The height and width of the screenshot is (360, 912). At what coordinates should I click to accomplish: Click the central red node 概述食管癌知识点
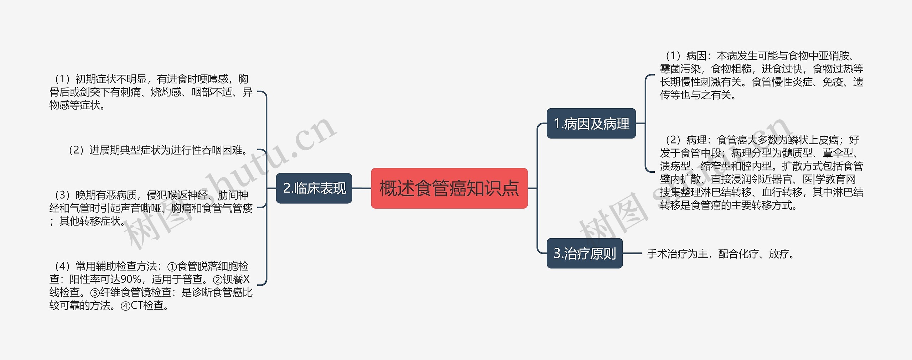tap(449, 188)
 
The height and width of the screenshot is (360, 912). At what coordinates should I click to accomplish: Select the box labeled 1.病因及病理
tap(591, 124)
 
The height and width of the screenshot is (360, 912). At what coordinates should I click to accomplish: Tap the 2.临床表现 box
tap(314, 188)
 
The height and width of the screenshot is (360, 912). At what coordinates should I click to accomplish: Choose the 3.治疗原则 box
tap(585, 254)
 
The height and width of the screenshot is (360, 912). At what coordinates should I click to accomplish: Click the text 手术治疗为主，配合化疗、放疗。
tap(721, 254)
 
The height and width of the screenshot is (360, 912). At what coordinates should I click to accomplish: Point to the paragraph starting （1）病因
tap(761, 75)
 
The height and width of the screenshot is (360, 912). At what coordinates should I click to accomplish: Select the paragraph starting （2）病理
tap(761, 172)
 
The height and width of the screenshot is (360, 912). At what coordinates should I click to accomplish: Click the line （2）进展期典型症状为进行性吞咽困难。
tap(159, 150)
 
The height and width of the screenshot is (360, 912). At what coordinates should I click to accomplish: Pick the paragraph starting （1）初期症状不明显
tap(151, 92)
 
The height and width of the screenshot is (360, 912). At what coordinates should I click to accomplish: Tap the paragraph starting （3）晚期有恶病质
tap(151, 208)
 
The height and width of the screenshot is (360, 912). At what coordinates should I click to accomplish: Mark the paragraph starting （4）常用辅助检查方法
tap(151, 286)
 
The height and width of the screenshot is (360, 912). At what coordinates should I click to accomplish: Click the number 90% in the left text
tap(131, 279)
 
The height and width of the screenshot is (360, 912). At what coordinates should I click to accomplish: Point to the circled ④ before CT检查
tap(125, 306)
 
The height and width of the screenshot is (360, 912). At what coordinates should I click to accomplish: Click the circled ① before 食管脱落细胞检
tap(172, 267)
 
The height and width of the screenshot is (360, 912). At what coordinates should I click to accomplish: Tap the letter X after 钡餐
tap(246, 279)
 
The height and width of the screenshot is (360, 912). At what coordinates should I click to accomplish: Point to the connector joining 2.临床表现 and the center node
tap(361, 188)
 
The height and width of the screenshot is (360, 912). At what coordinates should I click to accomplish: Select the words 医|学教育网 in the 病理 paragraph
tap(829, 179)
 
